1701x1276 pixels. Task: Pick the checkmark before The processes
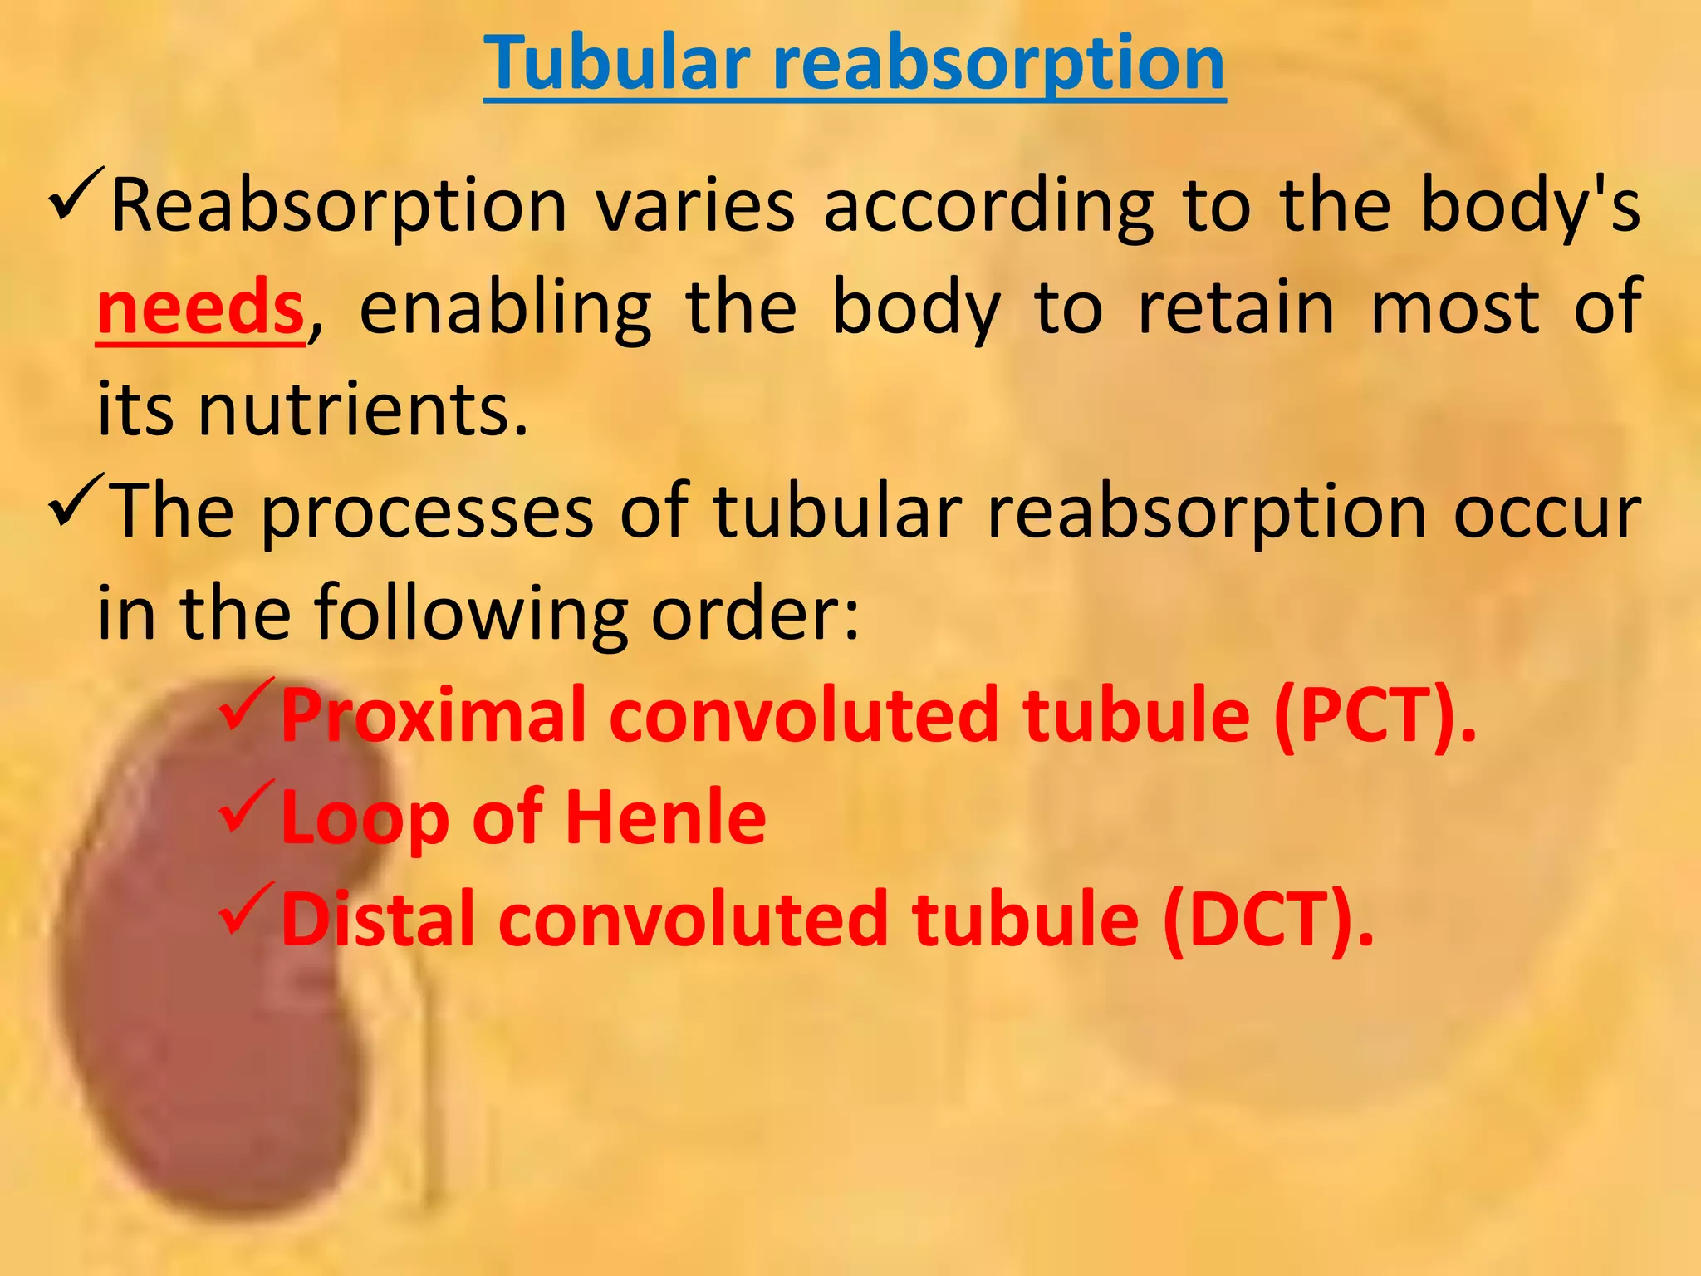click(76, 501)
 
